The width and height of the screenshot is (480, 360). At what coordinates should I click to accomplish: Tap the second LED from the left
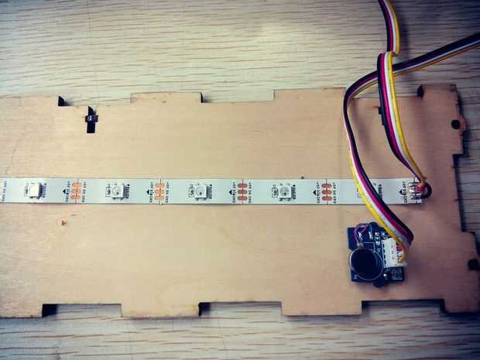coord(114,189)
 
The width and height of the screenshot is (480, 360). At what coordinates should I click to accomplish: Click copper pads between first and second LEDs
coord(75,190)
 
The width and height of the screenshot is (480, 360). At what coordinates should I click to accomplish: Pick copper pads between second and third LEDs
coord(159,190)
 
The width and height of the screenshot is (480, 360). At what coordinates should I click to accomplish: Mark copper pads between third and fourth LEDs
coord(242,190)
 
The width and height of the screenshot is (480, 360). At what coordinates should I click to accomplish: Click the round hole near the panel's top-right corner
coord(455,124)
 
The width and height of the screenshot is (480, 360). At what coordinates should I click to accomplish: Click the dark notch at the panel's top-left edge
coord(60,101)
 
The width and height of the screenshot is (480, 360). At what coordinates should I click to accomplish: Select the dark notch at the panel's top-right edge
coord(420,92)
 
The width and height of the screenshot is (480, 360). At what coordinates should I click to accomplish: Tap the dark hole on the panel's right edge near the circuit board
coord(472,265)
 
